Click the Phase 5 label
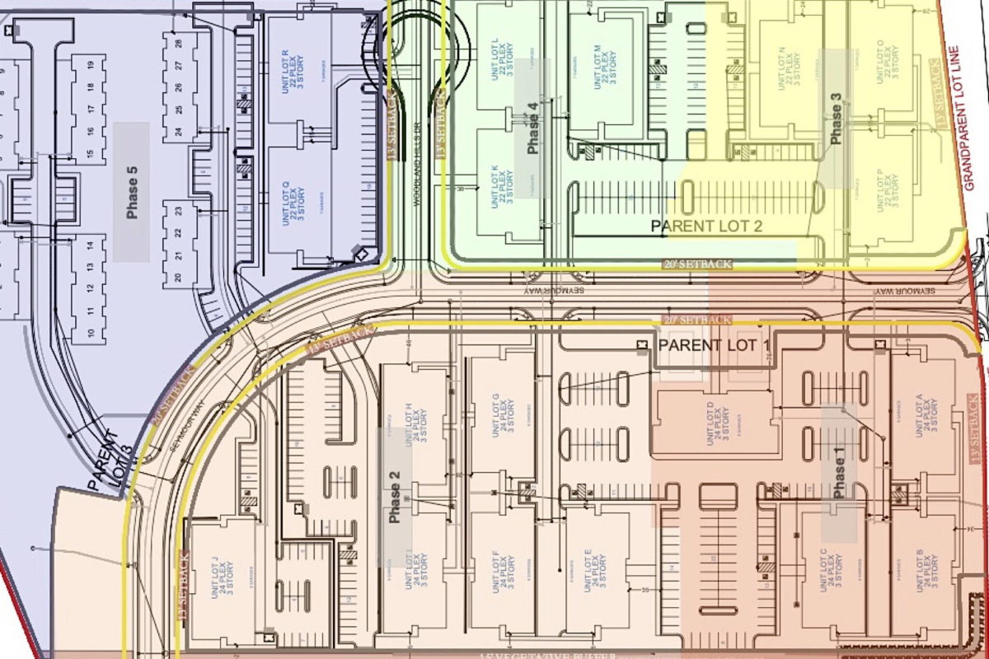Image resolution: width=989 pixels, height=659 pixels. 132,192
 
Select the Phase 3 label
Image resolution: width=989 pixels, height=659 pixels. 836,119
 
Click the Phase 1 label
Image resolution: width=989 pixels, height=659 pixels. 839,475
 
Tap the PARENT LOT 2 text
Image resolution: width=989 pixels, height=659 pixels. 706,225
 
